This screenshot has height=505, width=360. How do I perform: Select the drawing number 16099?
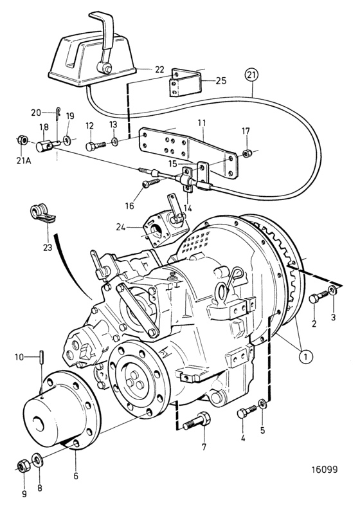(x=324, y=469)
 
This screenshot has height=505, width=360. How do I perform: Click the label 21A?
(x=24, y=160)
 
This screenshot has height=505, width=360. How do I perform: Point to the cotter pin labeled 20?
(x=57, y=113)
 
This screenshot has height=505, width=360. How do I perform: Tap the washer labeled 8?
(x=37, y=459)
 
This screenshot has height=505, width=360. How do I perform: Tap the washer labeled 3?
(x=333, y=289)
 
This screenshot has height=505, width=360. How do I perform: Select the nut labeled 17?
(x=246, y=153)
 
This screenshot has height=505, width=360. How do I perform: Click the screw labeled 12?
(x=96, y=145)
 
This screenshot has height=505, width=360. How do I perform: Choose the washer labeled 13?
(x=115, y=140)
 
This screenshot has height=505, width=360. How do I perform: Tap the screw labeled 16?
(x=150, y=183)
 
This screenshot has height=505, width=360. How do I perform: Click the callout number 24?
(x=121, y=227)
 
